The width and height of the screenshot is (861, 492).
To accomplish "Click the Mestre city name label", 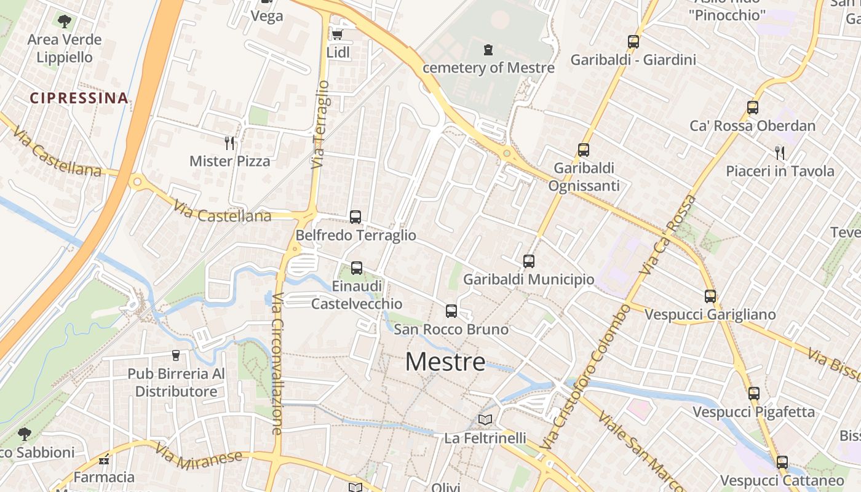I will click(445, 362).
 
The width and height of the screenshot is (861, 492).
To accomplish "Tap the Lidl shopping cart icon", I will click(337, 34).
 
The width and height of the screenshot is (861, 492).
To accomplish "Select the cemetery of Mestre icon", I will click(488, 49).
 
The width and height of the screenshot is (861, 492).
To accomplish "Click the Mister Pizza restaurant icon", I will click(229, 143).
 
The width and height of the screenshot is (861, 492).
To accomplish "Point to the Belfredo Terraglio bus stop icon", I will click(355, 216).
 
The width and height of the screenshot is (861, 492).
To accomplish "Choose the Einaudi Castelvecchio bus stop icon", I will click(357, 268).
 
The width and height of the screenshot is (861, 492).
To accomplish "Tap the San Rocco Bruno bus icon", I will click(451, 311).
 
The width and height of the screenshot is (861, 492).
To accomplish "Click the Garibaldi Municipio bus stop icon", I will click(529, 261).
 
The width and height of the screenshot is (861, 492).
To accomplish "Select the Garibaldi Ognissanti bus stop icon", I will click(584, 149).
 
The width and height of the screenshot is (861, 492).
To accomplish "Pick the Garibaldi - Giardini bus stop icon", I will click(633, 42).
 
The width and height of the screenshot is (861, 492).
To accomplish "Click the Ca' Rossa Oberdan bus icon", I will click(753, 107).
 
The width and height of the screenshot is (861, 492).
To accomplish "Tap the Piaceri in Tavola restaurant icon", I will click(780, 153).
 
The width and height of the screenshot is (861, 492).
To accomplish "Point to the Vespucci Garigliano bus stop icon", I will click(710, 296).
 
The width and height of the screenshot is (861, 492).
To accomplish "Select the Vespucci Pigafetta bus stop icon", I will click(754, 393).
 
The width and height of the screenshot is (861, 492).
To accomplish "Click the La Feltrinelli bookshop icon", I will click(485, 419).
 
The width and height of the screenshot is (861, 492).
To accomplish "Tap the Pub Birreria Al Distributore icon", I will click(176, 355).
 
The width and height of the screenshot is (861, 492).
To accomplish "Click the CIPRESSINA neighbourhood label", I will click(79, 98).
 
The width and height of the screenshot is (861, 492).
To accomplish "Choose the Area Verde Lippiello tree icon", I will click(64, 22).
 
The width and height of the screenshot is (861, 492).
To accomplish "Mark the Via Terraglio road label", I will click(320, 124).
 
